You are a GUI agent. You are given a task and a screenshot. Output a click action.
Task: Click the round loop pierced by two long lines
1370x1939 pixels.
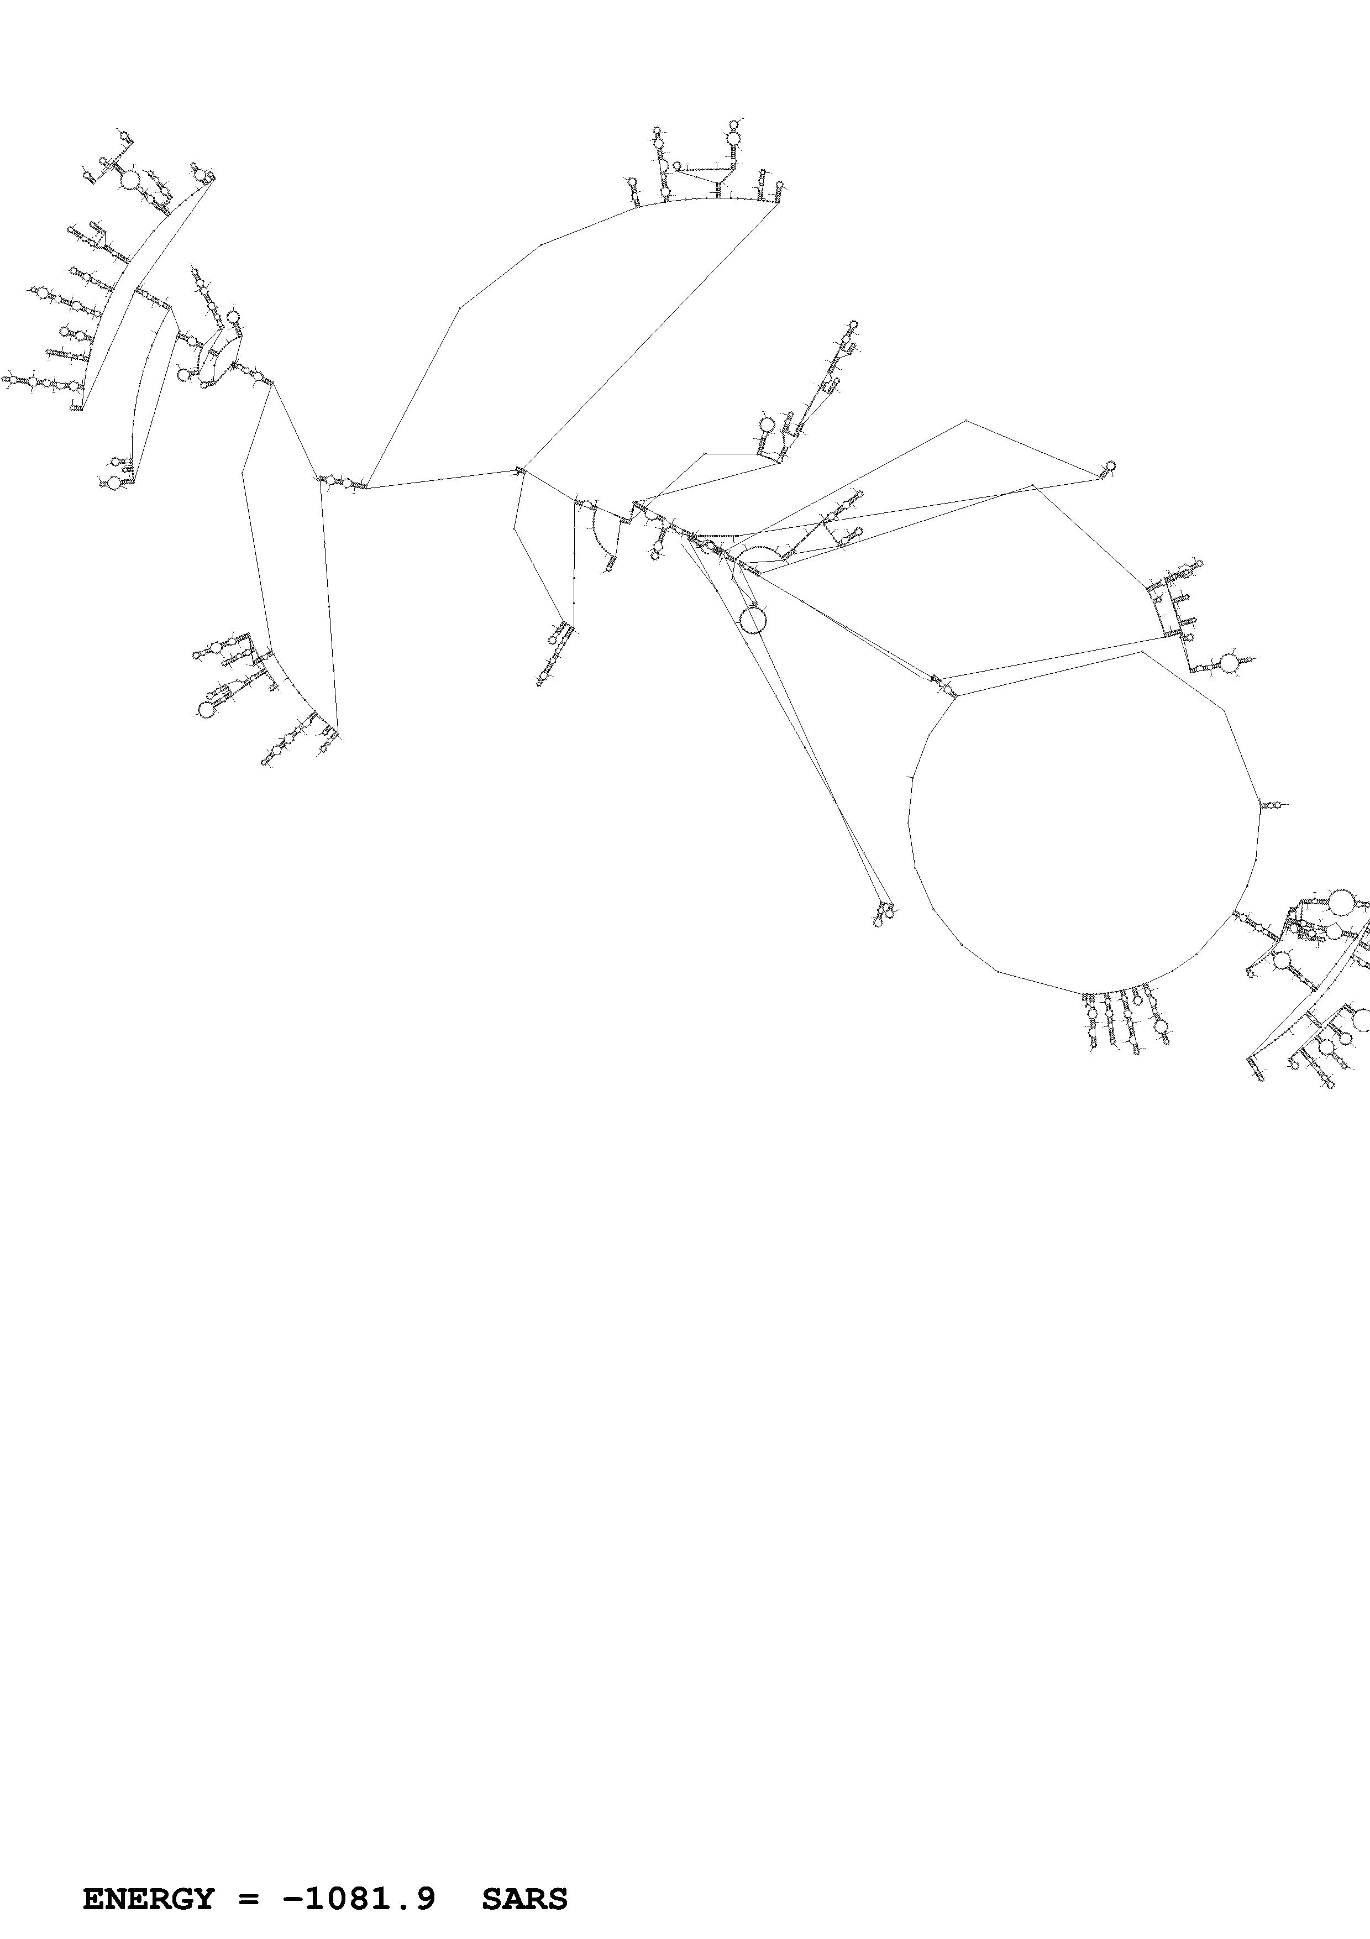click(x=752, y=620)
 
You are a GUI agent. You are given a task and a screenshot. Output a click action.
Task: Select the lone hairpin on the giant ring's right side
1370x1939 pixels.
click(x=1269, y=806)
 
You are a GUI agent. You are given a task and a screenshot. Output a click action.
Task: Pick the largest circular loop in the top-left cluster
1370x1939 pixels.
click(x=130, y=180)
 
